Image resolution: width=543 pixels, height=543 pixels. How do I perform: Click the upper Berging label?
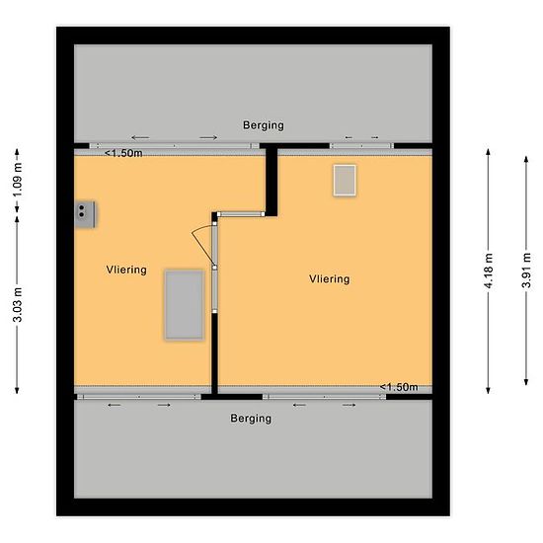click(264, 125)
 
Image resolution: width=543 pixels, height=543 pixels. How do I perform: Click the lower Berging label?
click(251, 419)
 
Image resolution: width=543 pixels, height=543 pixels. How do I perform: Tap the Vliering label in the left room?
click(126, 270)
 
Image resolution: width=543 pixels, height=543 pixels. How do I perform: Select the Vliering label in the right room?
click(330, 279)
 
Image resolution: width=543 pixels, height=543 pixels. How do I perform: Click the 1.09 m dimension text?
click(18, 180)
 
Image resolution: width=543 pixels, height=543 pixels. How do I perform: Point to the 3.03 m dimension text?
click(18, 305)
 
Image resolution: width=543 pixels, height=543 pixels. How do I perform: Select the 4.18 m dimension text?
click(489, 271)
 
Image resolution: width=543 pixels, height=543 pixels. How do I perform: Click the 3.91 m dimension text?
click(526, 271)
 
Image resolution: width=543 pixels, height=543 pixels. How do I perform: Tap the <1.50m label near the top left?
click(123, 153)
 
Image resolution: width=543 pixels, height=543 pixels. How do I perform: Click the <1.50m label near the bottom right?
click(399, 387)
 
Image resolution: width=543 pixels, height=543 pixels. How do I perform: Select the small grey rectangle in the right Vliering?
click(345, 181)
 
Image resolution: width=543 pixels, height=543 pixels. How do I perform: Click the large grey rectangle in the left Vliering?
click(185, 305)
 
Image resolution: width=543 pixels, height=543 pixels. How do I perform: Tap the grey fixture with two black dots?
click(85, 214)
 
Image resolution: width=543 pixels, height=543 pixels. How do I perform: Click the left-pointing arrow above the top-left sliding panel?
click(140, 138)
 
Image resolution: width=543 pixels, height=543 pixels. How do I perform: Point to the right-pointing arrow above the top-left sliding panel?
click(208, 138)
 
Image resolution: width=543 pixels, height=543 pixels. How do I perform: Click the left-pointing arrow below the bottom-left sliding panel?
click(115, 405)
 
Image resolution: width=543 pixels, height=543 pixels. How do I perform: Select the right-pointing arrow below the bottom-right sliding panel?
click(349, 405)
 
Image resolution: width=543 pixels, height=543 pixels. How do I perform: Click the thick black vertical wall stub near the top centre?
click(271, 181)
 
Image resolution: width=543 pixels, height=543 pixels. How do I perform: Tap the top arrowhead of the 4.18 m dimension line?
click(489, 152)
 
